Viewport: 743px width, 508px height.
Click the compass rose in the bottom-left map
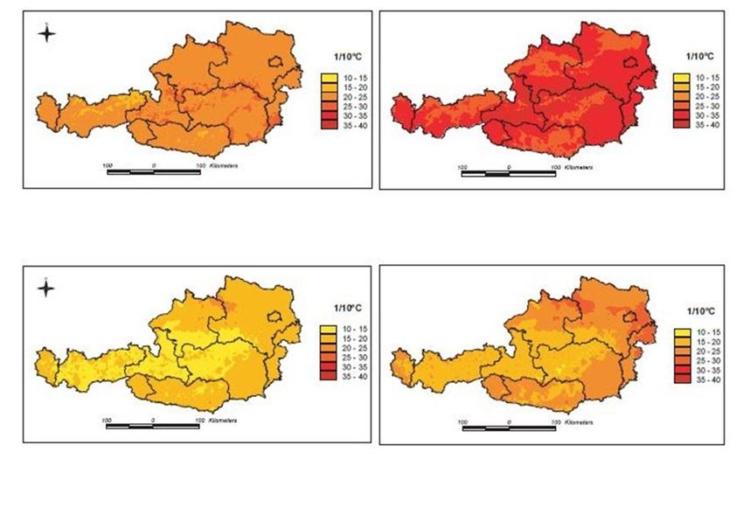pyautogui.click(x=47, y=289)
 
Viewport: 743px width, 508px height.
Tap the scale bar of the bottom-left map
pyautogui.click(x=154, y=426)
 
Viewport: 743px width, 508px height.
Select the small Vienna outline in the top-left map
pyautogui.click(x=278, y=62)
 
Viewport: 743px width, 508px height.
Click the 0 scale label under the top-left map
pyautogui.click(x=154, y=164)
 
